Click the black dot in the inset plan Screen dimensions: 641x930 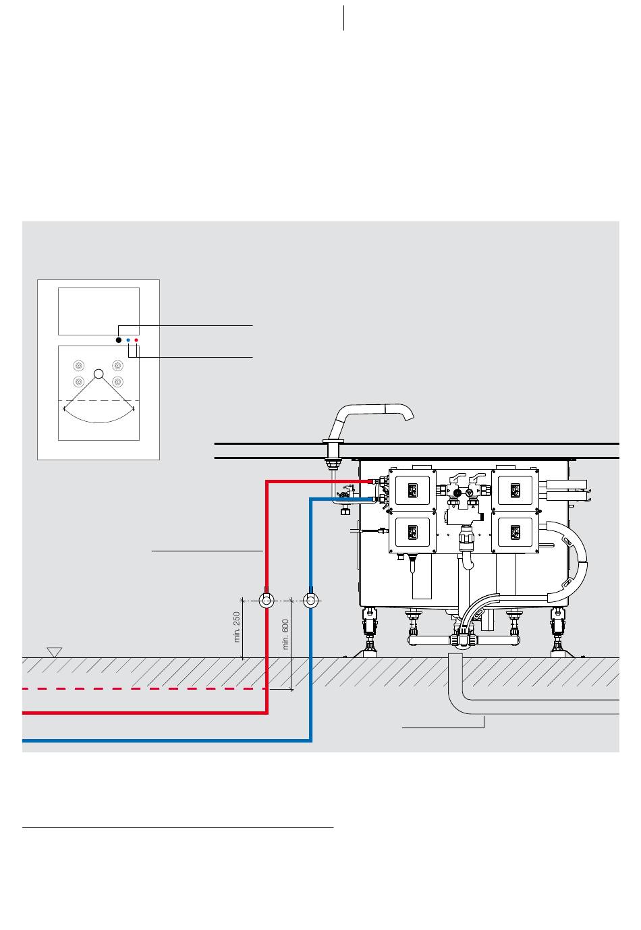(118, 340)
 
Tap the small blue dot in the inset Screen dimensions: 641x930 (128, 340)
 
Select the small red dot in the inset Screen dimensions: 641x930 (136, 340)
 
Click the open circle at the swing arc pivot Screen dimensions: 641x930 (99, 374)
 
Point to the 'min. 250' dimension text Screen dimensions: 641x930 (237, 627)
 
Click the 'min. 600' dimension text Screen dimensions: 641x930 (285, 634)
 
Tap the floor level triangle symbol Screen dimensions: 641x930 (55, 652)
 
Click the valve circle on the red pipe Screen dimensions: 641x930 (267, 601)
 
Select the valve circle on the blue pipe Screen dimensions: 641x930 (311, 601)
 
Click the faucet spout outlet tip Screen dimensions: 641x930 (410, 418)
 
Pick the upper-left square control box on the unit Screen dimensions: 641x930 (412, 491)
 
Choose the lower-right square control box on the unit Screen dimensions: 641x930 (515, 532)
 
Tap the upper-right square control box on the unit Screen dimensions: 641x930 (515, 491)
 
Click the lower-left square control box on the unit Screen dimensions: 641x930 (412, 532)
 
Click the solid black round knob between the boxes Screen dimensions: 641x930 (457, 493)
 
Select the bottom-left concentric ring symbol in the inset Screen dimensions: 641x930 (79, 381)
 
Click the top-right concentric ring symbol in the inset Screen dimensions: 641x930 (118, 366)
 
